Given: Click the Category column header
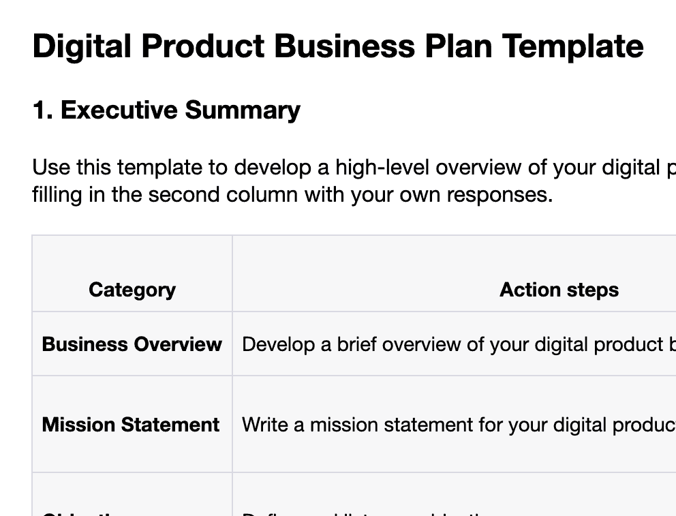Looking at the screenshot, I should tap(132, 290).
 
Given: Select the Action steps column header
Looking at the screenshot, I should tap(559, 290).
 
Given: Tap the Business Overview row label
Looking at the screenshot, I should tap(132, 344).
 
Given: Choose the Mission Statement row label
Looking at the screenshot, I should tap(131, 425).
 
